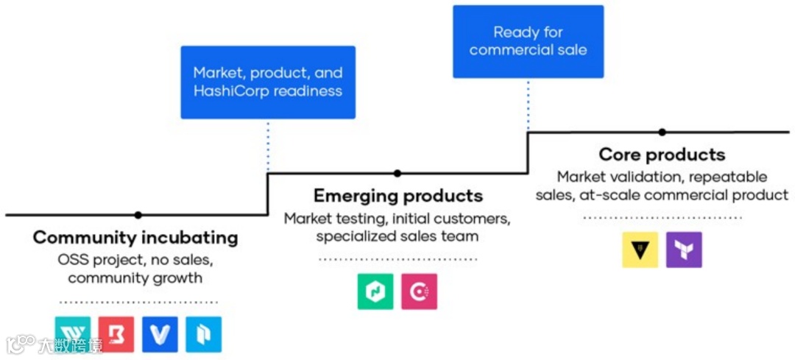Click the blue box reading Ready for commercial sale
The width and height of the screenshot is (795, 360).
click(528, 41)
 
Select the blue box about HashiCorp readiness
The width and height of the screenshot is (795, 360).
click(268, 82)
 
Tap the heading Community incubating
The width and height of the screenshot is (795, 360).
click(135, 238)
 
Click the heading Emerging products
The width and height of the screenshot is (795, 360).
click(398, 196)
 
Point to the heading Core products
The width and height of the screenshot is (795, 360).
click(662, 155)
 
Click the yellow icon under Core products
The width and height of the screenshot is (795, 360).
click(640, 250)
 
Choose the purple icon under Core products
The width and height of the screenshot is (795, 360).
click(684, 250)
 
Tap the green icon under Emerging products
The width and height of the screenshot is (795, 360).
click(375, 291)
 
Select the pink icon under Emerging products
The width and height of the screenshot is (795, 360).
click(420, 291)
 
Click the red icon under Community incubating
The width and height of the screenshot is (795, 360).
click(116, 334)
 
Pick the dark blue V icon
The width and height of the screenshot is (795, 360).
click(160, 334)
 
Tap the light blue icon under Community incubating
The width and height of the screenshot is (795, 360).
click(204, 334)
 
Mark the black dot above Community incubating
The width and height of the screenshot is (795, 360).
click(138, 215)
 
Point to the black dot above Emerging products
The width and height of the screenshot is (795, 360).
click(397, 174)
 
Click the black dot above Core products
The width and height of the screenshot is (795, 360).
click(662, 133)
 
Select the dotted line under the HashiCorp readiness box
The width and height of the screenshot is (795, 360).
click(268, 145)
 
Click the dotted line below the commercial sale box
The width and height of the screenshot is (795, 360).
click(528, 104)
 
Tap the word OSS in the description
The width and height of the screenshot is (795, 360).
click(73, 260)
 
